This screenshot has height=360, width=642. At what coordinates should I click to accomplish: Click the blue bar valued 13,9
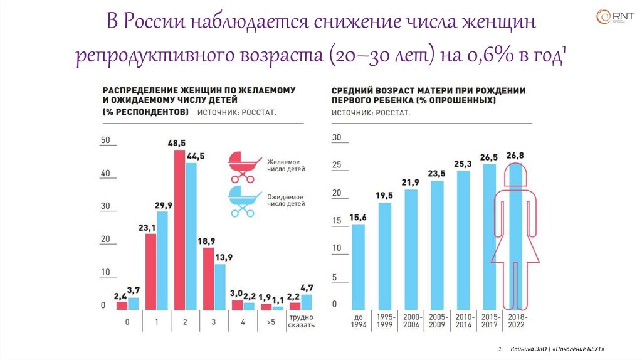(x=220, y=287)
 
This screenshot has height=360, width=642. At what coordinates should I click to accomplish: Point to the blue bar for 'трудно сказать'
(x=306, y=302)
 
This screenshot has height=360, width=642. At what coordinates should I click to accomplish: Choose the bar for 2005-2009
(x=437, y=245)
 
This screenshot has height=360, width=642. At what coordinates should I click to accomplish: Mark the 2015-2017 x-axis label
(x=490, y=320)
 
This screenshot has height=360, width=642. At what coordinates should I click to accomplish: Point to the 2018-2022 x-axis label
(x=517, y=320)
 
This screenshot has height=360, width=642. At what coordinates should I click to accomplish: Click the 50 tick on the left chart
(x=105, y=140)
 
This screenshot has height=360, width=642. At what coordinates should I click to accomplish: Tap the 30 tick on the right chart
(x=336, y=137)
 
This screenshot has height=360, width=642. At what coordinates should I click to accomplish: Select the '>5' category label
(x=270, y=322)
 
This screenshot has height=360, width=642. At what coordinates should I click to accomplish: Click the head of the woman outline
(x=517, y=173)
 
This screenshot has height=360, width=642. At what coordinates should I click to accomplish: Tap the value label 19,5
(x=384, y=196)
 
